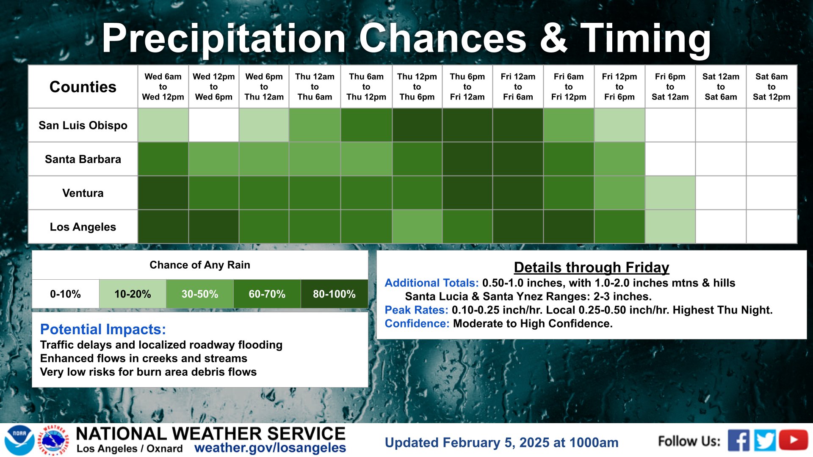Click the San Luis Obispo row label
click(83, 125)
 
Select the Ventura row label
click(83, 193)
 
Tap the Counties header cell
click(83, 87)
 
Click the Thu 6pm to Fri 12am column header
click(467, 87)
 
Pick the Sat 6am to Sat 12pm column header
click(772, 87)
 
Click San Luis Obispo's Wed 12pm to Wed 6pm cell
click(214, 125)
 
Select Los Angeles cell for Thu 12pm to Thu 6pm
click(417, 227)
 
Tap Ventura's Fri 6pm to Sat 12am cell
click(670, 193)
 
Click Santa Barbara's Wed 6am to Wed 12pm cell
click(163, 159)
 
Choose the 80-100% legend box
click(335, 294)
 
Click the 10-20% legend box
click(133, 294)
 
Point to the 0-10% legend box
click(66, 294)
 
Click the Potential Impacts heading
click(103, 329)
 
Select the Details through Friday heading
click(592, 267)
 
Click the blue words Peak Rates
click(416, 310)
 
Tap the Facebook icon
click(738, 440)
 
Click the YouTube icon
click(794, 440)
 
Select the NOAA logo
click(19, 440)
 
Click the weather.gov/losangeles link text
click(270, 448)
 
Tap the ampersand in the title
click(553, 38)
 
